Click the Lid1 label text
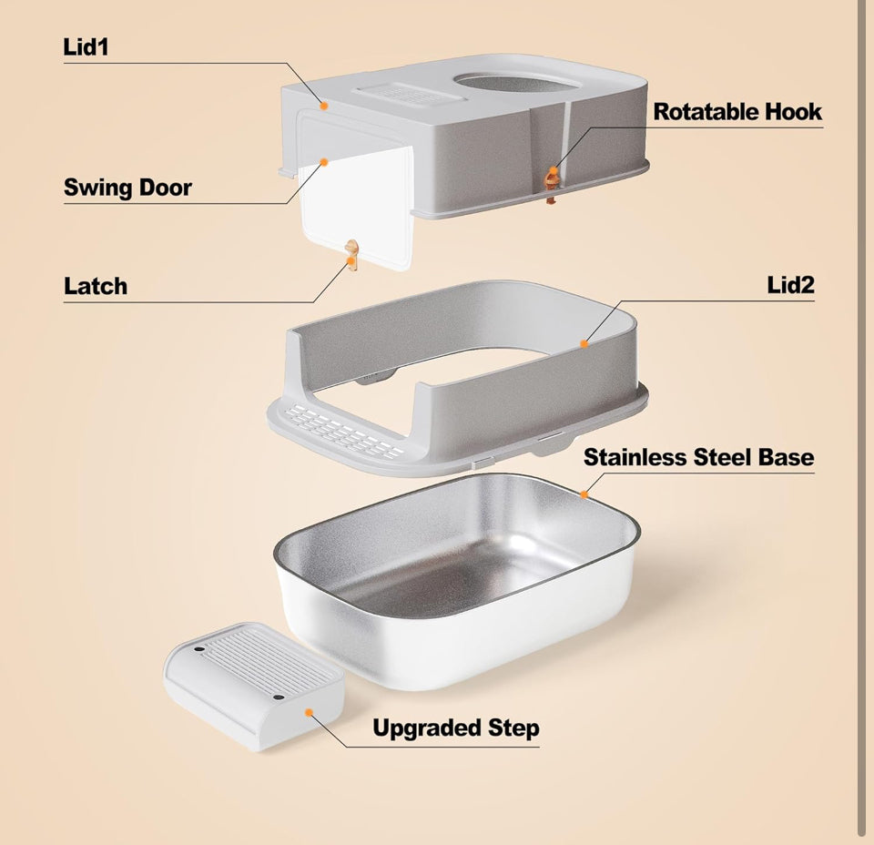(86, 46)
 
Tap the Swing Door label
(127, 188)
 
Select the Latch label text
(96, 286)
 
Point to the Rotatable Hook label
(737, 111)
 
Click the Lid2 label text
(790, 285)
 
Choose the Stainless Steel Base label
(698, 457)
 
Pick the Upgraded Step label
(456, 728)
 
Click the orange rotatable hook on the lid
(552, 184)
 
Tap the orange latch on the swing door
(351, 254)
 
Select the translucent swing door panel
(357, 206)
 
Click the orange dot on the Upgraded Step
(309, 712)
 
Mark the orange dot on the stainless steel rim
(584, 494)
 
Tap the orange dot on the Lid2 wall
(584, 344)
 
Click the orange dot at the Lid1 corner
(323, 105)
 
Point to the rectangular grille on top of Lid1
(411, 93)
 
